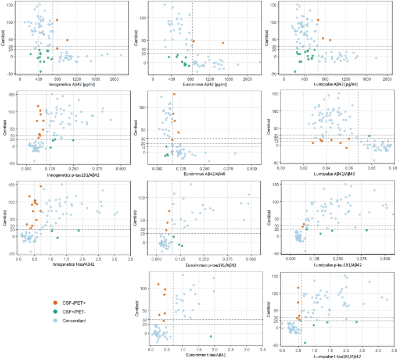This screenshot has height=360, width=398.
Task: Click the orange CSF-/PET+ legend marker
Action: coord(55,302)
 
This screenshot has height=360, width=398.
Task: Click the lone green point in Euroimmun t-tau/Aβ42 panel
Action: coord(211,337)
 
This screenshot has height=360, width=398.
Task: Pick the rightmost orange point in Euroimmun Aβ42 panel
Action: coord(223,43)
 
